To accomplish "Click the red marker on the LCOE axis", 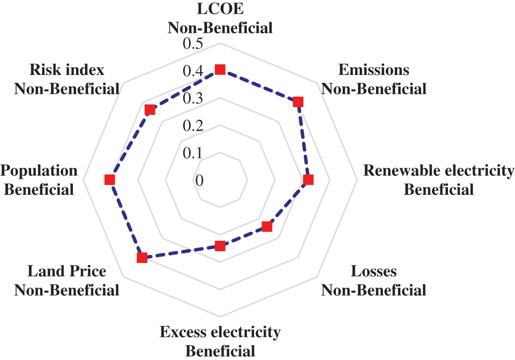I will tap(220, 70).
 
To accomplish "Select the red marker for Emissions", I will tap(298, 102).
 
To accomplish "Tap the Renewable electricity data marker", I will tap(308, 180).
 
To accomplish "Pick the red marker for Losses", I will tap(267, 227).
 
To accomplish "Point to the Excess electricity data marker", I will tap(220, 246).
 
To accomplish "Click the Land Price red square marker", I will tap(142, 258).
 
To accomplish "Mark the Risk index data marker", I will tap(151, 110).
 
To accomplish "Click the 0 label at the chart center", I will tap(199, 181).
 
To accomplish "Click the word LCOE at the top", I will tap(220, 10).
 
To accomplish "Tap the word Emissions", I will tap(373, 70).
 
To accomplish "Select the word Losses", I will tap(373, 272).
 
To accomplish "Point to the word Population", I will tap(39, 170).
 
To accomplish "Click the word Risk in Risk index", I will tap(42, 70).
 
